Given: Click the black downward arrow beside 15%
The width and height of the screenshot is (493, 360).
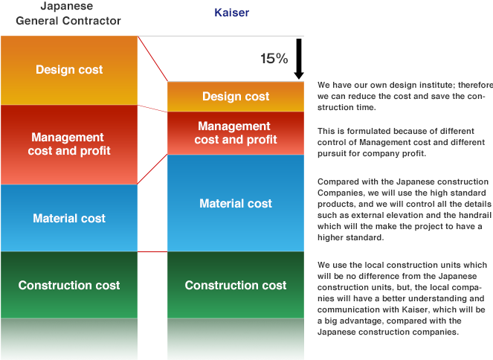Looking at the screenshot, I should (298, 59).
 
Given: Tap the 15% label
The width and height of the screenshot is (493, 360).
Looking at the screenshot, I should (274, 59).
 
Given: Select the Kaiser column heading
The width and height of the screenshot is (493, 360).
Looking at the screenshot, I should (231, 13).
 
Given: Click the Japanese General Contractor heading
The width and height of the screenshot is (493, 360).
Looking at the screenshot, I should (68, 14).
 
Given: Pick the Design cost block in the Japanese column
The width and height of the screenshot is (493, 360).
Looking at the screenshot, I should (69, 70).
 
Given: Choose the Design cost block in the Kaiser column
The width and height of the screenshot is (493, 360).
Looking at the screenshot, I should (236, 97).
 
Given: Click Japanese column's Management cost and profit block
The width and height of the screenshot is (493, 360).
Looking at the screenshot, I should (69, 144).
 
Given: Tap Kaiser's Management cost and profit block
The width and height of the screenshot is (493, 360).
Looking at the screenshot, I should (236, 133).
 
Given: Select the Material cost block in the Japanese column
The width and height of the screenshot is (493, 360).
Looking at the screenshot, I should (69, 219).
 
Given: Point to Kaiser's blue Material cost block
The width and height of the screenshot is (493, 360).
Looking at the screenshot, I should (236, 203).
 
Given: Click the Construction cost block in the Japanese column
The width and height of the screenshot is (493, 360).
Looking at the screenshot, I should (69, 286).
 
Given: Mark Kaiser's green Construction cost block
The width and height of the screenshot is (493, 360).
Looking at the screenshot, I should (236, 286).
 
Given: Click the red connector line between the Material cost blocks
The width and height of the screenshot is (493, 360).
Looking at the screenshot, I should (152, 170).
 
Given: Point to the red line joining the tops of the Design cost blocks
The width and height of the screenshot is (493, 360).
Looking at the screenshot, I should (152, 59).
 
